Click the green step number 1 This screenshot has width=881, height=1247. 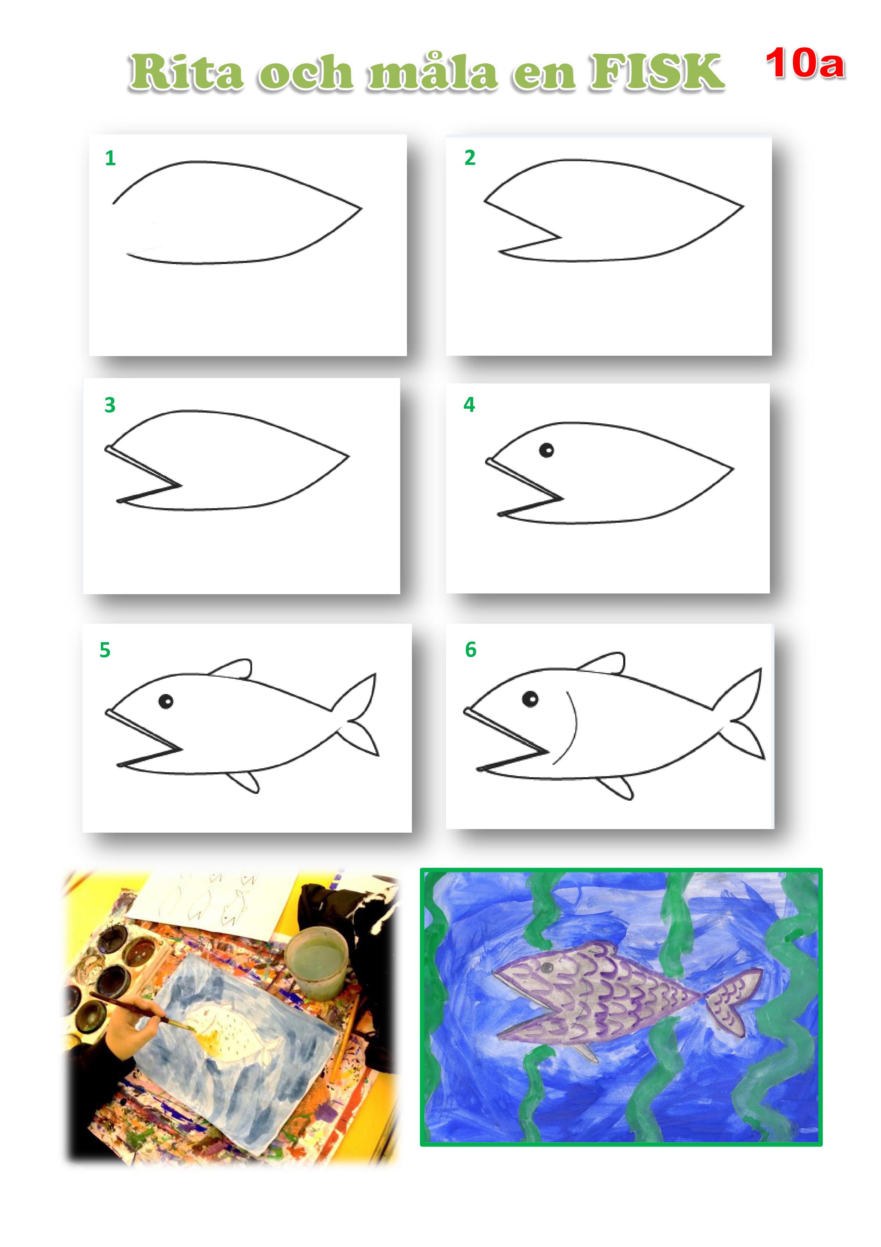coord(110,158)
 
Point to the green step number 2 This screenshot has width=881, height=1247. coord(470,157)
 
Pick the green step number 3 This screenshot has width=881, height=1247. coord(110,405)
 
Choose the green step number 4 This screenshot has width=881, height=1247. coord(469,405)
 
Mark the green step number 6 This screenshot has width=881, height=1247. coord(471,650)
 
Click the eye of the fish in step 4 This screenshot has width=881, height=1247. coord(546,450)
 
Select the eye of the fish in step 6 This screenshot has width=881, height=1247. coord(530,698)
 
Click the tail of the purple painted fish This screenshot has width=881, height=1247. coord(733,1001)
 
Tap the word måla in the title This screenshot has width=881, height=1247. coord(433,72)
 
